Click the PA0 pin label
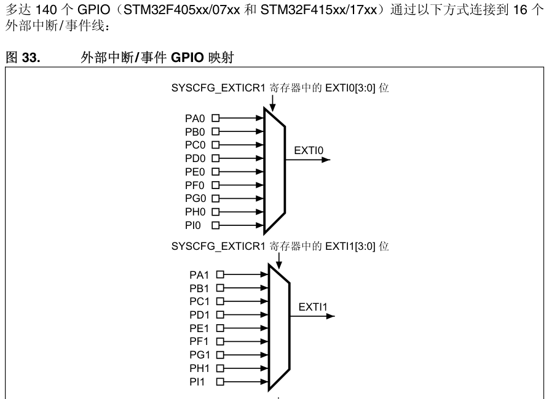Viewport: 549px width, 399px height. click(x=195, y=118)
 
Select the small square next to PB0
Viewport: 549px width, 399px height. click(x=215, y=131)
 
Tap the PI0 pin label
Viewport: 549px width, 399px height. click(x=193, y=225)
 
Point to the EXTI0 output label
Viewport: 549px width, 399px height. click(x=309, y=150)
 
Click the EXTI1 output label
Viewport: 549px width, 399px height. click(x=313, y=307)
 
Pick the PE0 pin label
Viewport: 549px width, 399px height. click(x=195, y=172)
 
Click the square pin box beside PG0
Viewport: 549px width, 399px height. click(x=215, y=199)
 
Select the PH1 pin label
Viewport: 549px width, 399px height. click(x=199, y=368)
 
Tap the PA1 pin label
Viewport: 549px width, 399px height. click(x=199, y=275)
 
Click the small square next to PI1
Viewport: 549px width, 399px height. click(x=220, y=382)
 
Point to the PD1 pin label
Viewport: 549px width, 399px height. click(x=199, y=315)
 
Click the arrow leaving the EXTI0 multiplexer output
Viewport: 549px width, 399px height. click(x=308, y=160)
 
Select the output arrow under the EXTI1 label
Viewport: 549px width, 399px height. click(x=312, y=316)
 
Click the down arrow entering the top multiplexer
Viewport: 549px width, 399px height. click(x=273, y=103)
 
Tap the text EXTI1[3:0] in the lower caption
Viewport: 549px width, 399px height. click(x=350, y=246)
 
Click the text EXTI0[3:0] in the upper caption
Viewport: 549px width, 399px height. click(x=350, y=88)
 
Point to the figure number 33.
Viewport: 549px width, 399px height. click(x=31, y=57)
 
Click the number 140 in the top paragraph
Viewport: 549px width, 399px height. click(x=45, y=10)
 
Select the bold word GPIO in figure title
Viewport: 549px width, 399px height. click(x=188, y=57)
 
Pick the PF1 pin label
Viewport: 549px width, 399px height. click(x=199, y=342)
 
